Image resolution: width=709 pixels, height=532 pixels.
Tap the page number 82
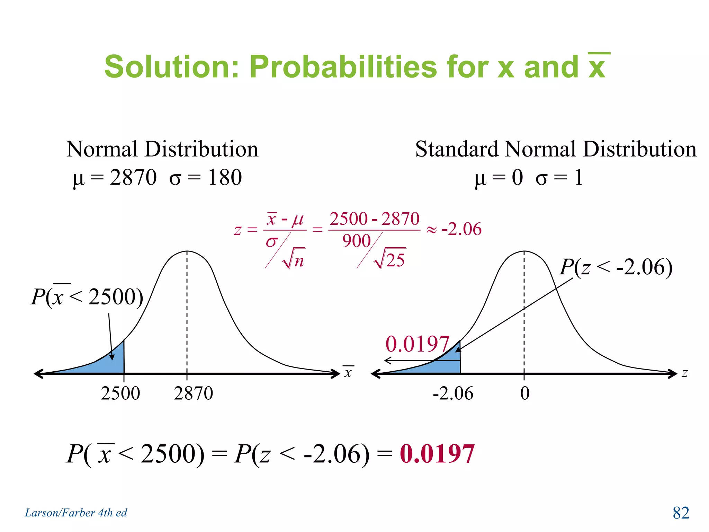(x=681, y=513)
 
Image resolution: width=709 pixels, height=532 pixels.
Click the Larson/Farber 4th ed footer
(x=76, y=513)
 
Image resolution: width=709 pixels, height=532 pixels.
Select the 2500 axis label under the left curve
(x=120, y=393)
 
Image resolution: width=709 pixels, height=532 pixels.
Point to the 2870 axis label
(x=193, y=393)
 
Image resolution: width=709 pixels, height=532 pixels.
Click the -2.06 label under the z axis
(x=453, y=393)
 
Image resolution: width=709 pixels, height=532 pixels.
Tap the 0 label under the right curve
(x=525, y=393)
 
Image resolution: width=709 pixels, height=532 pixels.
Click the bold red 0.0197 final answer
(x=437, y=454)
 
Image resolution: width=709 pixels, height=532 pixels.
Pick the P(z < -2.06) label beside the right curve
(x=616, y=267)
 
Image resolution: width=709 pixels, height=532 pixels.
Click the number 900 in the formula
(x=357, y=241)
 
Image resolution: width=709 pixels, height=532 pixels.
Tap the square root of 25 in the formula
(x=391, y=259)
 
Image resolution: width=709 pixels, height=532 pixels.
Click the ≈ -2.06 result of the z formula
(x=454, y=229)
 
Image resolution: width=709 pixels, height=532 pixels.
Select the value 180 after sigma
(x=225, y=178)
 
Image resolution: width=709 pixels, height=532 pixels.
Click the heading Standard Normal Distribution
(x=556, y=149)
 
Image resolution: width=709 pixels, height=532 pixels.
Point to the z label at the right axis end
(x=684, y=373)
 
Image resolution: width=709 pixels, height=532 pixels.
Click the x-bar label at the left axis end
(x=348, y=372)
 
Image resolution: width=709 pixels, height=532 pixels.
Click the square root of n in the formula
(x=294, y=259)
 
